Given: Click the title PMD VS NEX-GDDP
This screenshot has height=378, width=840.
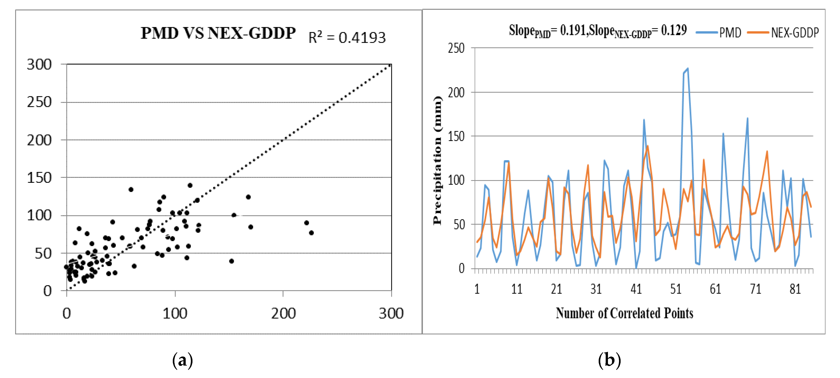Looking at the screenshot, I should (x=218, y=33).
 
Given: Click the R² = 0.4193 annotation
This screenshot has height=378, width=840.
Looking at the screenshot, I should (x=347, y=38).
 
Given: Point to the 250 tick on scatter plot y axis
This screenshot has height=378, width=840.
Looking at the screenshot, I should (x=39, y=102).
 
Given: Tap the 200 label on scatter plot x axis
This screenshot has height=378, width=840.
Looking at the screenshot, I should (x=283, y=313).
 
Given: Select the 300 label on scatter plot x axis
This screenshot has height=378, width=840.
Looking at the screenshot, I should (x=391, y=313).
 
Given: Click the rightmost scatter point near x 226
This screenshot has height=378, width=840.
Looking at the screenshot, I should (x=311, y=233).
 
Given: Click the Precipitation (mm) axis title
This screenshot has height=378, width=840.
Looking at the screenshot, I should (x=437, y=160).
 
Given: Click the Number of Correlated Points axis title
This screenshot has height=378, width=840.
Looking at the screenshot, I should (x=624, y=313).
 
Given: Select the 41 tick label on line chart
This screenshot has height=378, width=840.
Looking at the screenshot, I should (x=636, y=289).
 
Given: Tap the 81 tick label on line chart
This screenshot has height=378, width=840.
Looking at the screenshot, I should (x=795, y=289).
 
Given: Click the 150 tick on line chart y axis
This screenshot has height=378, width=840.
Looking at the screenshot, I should (x=456, y=136).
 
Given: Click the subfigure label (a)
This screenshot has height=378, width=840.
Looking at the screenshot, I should (x=183, y=360).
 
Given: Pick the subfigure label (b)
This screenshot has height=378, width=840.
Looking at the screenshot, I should (x=609, y=360).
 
